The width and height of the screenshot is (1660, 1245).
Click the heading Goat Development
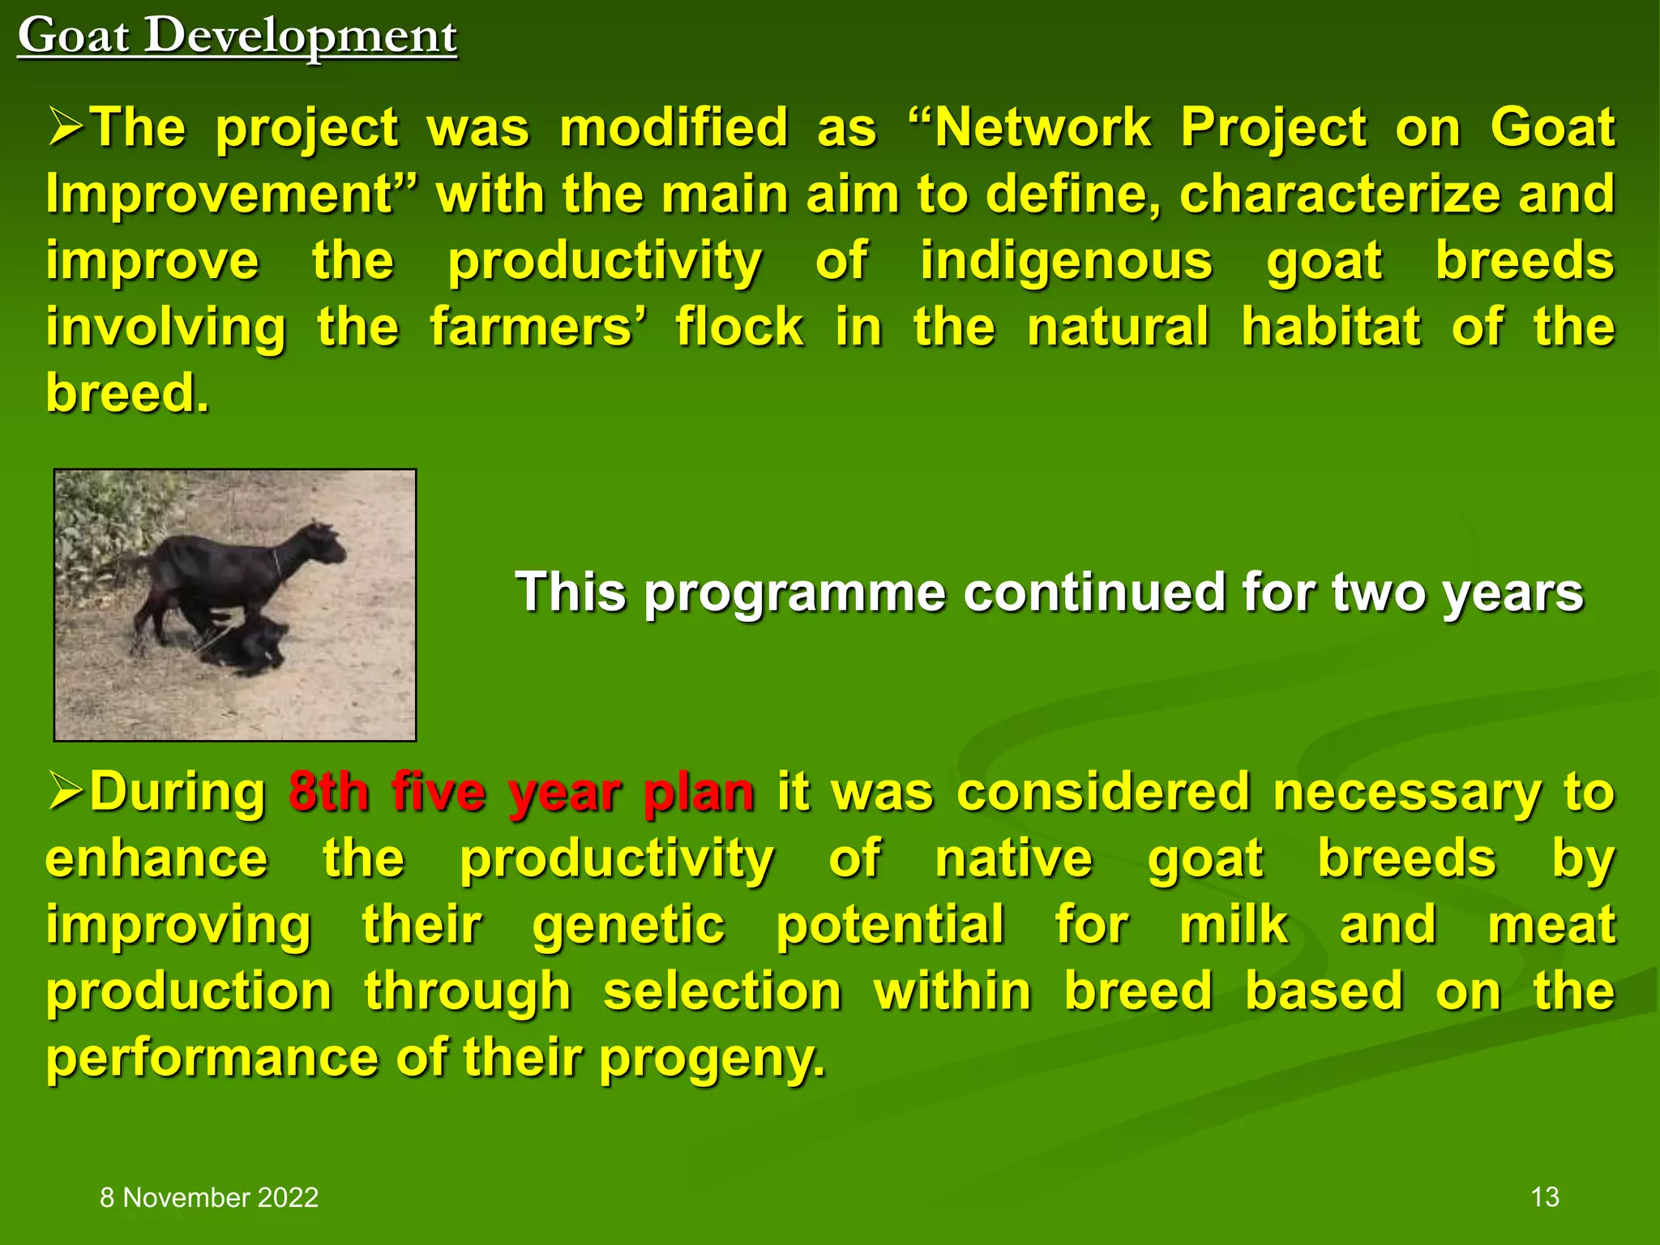point(237,36)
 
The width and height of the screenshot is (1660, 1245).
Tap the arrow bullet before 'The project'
point(66,128)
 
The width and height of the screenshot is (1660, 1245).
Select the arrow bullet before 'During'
point(66,791)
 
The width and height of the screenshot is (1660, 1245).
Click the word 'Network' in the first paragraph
point(1042,128)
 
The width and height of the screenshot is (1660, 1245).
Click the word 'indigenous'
point(1066,261)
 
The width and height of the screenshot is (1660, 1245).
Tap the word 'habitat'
point(1331,327)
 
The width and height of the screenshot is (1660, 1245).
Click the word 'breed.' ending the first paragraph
point(128,393)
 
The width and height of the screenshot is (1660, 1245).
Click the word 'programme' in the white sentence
point(794,593)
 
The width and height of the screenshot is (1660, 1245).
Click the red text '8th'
point(328,792)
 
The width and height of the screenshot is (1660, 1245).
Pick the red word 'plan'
point(699,792)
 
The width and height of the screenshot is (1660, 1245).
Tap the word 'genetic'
point(628,925)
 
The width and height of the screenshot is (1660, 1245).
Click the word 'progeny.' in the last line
point(712,1058)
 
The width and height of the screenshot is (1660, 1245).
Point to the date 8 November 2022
point(209,1197)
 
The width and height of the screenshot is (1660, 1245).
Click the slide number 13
point(1545,1197)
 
